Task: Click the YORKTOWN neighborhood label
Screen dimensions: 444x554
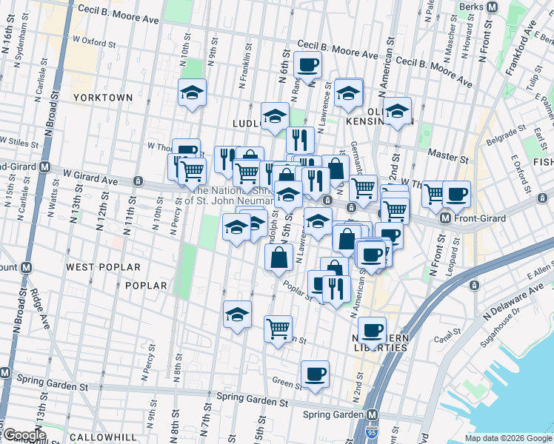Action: pos(102,98)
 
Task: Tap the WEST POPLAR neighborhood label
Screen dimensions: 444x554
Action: pos(102,266)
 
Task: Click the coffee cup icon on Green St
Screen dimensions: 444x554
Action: pos(315,374)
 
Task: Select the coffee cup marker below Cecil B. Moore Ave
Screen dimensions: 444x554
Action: pos(307,64)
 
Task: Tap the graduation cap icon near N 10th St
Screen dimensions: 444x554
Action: pos(192,92)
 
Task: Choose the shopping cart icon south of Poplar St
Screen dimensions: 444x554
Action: pos(278,328)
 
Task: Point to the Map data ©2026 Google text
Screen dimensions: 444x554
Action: pos(508,438)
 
